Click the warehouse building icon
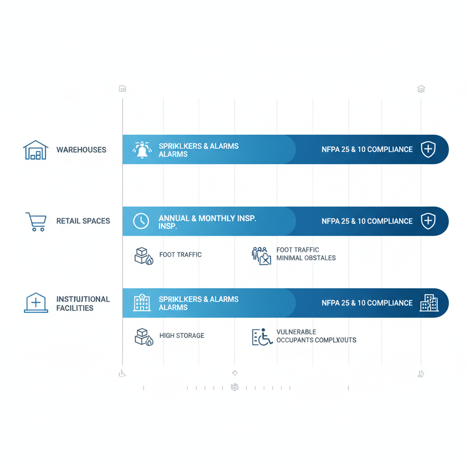point(36,150)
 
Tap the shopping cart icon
point(36,222)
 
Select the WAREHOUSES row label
point(81,150)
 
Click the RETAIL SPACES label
point(83,221)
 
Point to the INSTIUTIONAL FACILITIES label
point(83,303)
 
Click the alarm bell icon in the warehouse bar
point(142,150)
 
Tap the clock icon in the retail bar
point(141,221)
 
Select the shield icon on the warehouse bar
point(428,149)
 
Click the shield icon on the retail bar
point(428,221)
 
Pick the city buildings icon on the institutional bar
point(429,303)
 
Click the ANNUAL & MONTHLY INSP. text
point(207,222)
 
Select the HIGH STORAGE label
point(182,335)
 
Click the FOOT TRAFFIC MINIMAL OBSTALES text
point(306,254)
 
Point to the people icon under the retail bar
point(261,256)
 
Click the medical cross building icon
point(36,303)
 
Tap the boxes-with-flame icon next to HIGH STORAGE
point(144,337)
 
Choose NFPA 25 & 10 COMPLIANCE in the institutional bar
point(367,303)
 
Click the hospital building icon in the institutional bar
point(142,303)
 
